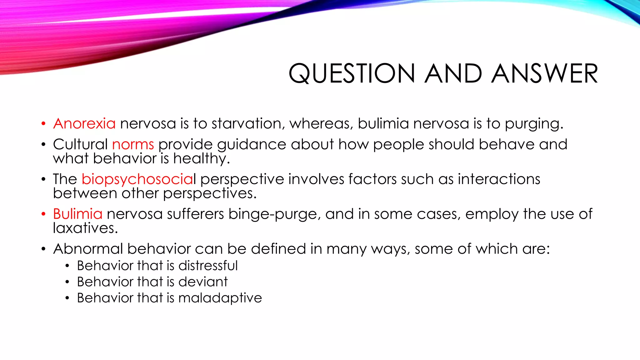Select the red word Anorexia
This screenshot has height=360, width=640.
tap(84, 123)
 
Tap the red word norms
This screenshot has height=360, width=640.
tap(133, 144)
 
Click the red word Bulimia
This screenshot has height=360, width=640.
tap(77, 214)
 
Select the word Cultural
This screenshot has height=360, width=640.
tap(80, 144)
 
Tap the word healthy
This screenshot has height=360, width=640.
tap(201, 159)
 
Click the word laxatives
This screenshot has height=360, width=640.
tap(85, 228)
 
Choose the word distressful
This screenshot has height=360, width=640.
tap(208, 266)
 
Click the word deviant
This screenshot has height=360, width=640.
tap(203, 282)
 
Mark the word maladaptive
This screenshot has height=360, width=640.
tap(220, 298)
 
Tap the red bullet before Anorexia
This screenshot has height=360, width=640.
tap(43, 124)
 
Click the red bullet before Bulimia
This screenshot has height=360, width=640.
tap(43, 214)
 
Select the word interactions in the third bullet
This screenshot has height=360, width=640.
tap(499, 179)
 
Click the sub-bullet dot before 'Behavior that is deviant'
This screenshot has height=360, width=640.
tap(67, 282)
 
